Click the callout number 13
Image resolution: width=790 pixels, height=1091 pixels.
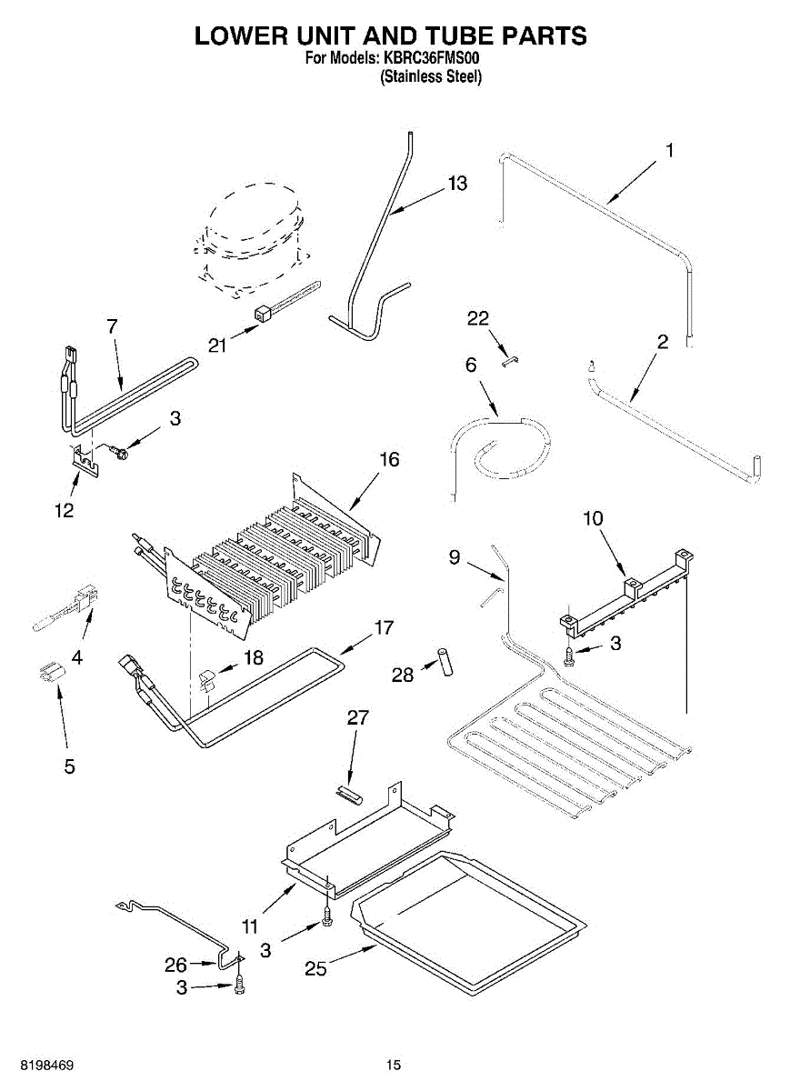tap(457, 184)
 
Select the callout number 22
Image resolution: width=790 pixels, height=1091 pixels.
tap(477, 318)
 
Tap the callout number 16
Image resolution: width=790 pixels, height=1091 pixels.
tap(389, 460)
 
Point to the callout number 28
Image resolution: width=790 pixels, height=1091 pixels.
tap(402, 675)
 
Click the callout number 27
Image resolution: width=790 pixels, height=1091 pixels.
tap(358, 717)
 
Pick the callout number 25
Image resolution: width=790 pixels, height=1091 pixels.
tap(315, 969)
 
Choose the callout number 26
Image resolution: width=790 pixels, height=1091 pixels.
tap(175, 965)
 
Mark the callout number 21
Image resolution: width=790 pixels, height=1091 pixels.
tap(215, 345)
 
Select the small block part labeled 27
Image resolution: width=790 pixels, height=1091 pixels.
tap(350, 796)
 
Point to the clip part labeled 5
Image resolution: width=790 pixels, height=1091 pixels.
tap(51, 674)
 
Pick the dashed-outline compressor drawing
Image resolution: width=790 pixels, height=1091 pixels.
tap(250, 241)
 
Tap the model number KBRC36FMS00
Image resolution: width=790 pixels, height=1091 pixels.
tap(432, 59)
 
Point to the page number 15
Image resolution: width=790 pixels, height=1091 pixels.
tap(393, 1065)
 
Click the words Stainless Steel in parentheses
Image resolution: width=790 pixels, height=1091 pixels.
tap(430, 76)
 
